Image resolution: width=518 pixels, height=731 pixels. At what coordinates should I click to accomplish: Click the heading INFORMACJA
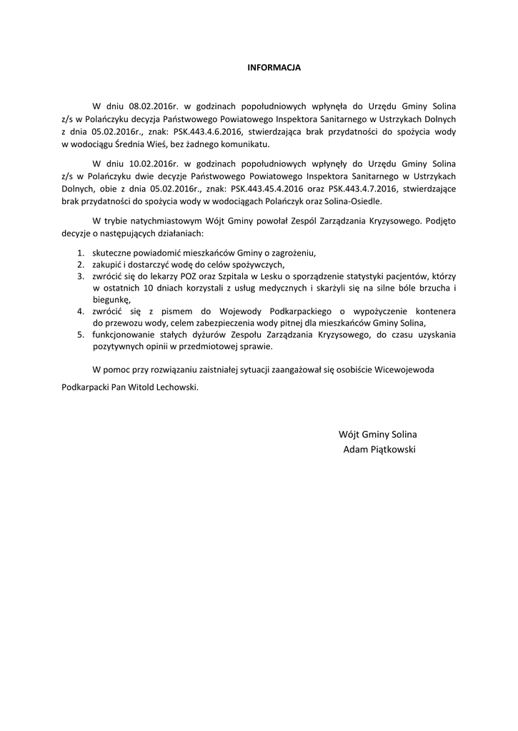pyautogui.click(x=274, y=68)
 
